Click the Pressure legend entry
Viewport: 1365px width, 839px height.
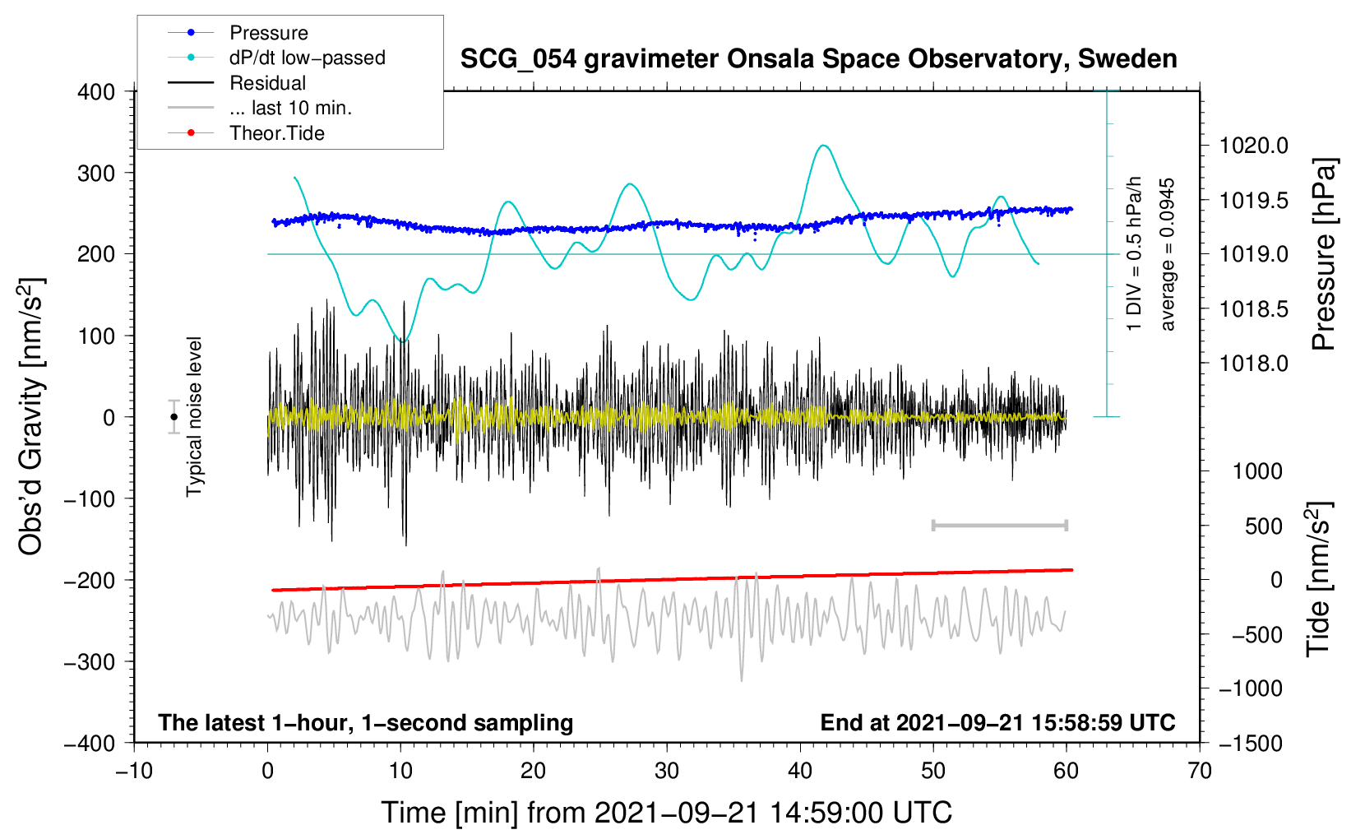pyautogui.click(x=268, y=33)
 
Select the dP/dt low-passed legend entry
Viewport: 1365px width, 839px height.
pyautogui.click(x=307, y=58)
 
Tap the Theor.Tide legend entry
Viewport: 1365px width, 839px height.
pyautogui.click(x=276, y=133)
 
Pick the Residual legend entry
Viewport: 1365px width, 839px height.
pyautogui.click(x=267, y=83)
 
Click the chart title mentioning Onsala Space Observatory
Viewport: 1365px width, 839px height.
pyautogui.click(x=818, y=59)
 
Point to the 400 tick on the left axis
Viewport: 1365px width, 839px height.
pyautogui.click(x=96, y=92)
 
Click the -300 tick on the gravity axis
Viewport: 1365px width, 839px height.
pyautogui.click(x=90, y=661)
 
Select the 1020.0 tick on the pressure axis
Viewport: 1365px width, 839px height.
pyautogui.click(x=1253, y=146)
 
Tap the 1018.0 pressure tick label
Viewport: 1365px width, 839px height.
pyautogui.click(x=1253, y=364)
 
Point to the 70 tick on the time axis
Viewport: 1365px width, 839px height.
pyautogui.click(x=1200, y=771)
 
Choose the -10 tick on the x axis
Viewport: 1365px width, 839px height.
pyautogui.click(x=134, y=771)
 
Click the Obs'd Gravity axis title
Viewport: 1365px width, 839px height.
pyautogui.click(x=30, y=417)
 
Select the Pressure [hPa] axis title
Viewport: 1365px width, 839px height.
pyautogui.click(x=1324, y=255)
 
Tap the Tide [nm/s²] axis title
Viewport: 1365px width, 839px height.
pyautogui.click(x=1319, y=579)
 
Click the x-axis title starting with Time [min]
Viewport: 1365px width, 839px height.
pyautogui.click(x=666, y=813)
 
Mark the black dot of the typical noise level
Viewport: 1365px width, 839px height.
pyautogui.click(x=174, y=417)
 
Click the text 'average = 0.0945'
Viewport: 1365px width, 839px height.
pyautogui.click(x=1168, y=255)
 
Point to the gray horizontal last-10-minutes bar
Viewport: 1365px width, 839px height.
pyautogui.click(x=999, y=525)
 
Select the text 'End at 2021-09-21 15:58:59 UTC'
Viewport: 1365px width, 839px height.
pyautogui.click(x=997, y=723)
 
